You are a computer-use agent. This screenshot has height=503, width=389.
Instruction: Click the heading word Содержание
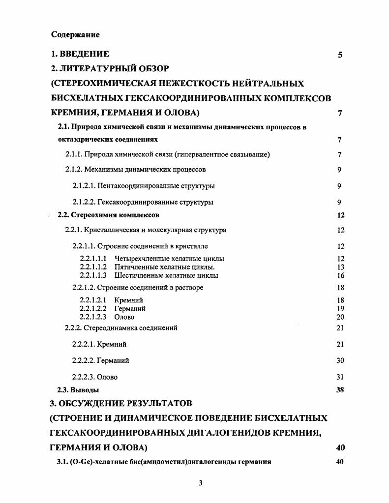75,34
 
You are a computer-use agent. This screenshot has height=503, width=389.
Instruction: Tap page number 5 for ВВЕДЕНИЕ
340,55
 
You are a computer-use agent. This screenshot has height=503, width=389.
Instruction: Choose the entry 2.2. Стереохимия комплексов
108,215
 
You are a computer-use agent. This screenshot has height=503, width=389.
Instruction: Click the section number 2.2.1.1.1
93,259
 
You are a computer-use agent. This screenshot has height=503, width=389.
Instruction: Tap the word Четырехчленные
139,259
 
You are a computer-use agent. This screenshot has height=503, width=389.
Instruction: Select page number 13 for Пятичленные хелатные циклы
340,267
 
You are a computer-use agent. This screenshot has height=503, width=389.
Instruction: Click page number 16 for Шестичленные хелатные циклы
340,275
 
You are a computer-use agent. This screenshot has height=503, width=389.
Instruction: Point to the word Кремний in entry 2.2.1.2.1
128,300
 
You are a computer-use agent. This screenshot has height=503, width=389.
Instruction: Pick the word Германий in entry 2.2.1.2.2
130,308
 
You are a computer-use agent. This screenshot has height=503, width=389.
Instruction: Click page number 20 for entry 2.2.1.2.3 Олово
340,317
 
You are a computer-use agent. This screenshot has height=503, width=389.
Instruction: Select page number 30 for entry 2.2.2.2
340,360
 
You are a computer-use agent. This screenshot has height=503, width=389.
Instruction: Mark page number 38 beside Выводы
340,390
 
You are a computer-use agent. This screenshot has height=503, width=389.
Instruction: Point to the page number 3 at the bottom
201,483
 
